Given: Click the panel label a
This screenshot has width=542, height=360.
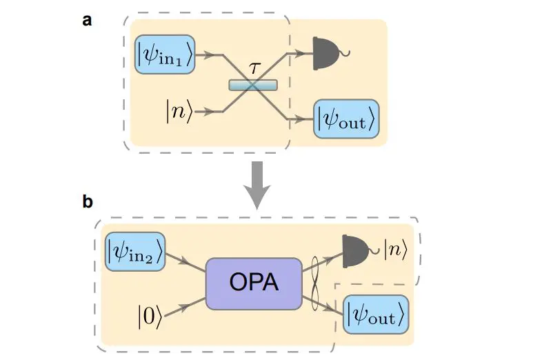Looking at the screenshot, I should pyautogui.click(x=87, y=20).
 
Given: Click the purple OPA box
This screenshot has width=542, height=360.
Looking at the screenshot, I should pyautogui.click(x=254, y=283).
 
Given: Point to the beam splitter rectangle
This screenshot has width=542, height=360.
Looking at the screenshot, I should pyautogui.click(x=253, y=85).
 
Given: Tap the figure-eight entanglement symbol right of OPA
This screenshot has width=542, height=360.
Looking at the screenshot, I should pyautogui.click(x=318, y=283).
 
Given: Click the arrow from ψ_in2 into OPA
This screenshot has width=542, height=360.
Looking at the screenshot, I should pyautogui.click(x=185, y=261).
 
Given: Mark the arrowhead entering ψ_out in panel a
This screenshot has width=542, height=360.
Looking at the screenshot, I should pyautogui.click(x=302, y=119).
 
